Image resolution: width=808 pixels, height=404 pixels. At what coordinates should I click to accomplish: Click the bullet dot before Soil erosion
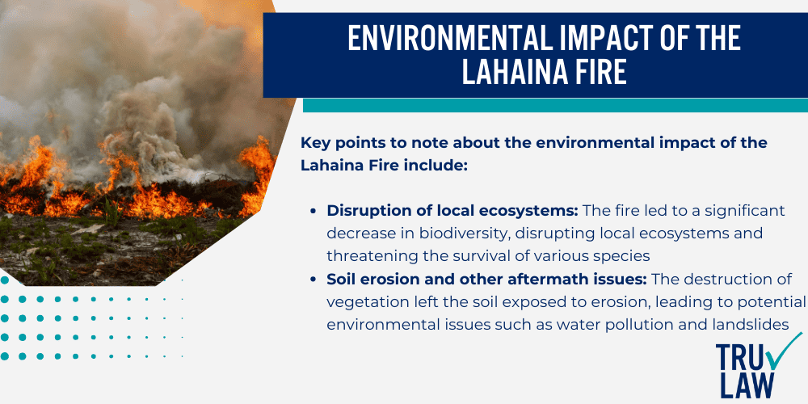[313, 280]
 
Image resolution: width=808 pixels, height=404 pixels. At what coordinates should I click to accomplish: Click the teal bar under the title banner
[554, 106]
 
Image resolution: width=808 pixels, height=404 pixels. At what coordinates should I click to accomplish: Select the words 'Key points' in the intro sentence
[334, 143]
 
